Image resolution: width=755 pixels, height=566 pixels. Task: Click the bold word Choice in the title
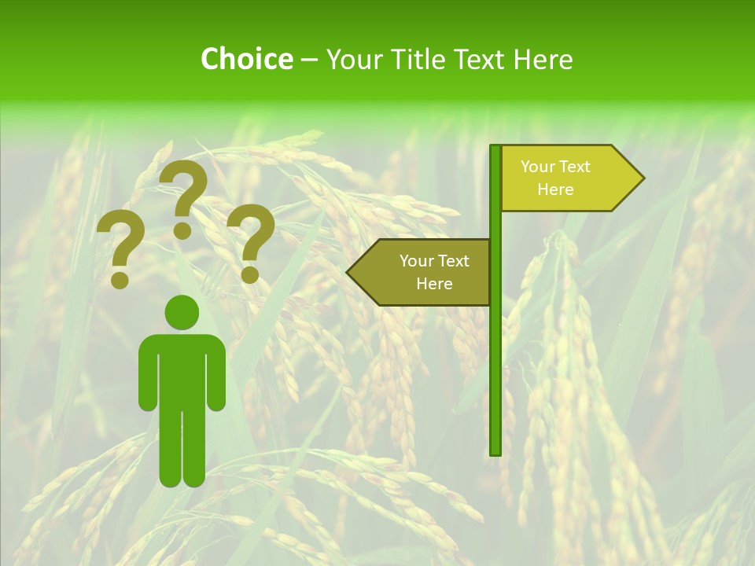246,59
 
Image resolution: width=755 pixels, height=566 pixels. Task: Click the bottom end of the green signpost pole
495,451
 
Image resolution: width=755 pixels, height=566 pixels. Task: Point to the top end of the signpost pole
495,149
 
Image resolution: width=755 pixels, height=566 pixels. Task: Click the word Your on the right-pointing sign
538,167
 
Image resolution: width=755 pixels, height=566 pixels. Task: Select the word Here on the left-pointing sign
434,284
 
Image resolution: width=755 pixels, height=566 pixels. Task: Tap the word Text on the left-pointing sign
453,261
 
